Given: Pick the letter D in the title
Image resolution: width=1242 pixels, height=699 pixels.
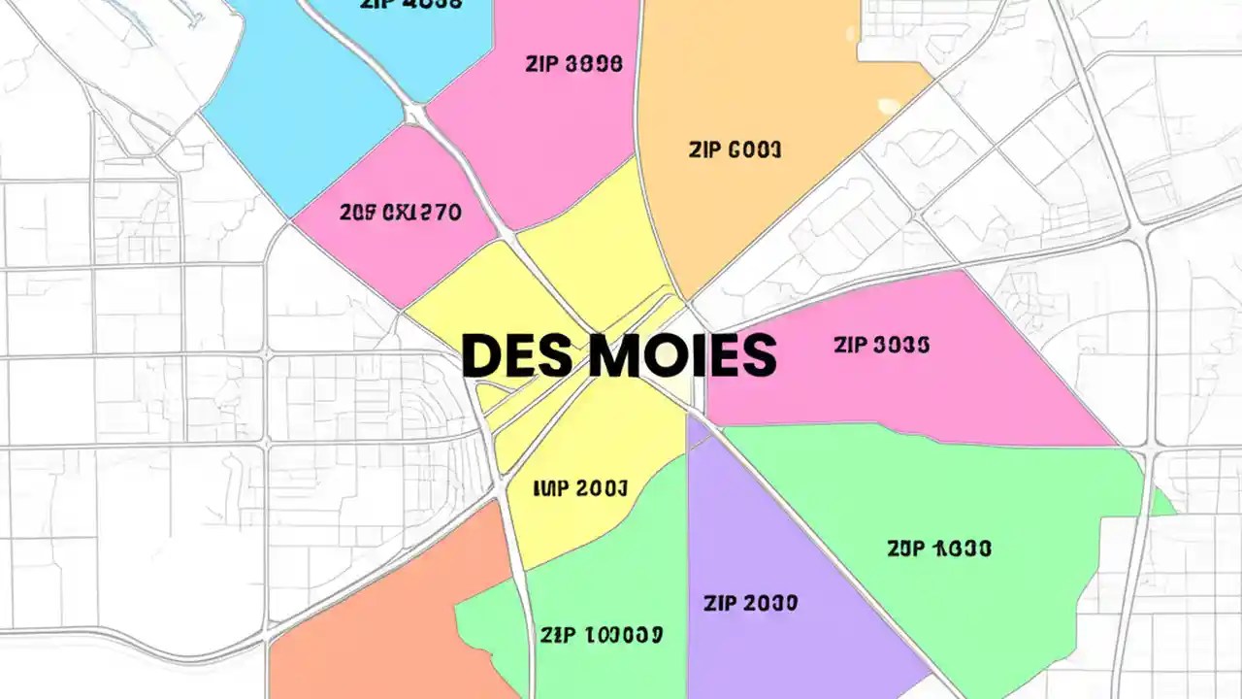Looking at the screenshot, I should [x=481, y=355].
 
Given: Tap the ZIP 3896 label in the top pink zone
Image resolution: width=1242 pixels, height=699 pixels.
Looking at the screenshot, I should [x=574, y=65].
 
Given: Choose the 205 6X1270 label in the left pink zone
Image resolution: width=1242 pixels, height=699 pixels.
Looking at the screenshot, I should [x=401, y=213].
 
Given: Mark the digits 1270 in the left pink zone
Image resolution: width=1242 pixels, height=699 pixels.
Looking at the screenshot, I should [x=433, y=213].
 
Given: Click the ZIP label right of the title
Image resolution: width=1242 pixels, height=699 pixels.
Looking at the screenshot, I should [x=854, y=344].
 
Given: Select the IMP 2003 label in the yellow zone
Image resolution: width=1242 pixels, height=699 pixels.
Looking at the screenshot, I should [x=580, y=487].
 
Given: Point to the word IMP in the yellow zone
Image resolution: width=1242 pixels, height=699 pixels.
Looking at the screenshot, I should [x=551, y=487].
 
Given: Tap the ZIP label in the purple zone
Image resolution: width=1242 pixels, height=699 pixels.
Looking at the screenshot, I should [x=722, y=603].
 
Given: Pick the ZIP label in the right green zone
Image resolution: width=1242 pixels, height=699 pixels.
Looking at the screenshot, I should [x=906, y=549].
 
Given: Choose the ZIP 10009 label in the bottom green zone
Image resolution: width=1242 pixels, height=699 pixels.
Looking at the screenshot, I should [x=602, y=635].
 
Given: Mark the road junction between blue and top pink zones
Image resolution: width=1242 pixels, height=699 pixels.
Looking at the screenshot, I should [x=415, y=115].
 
